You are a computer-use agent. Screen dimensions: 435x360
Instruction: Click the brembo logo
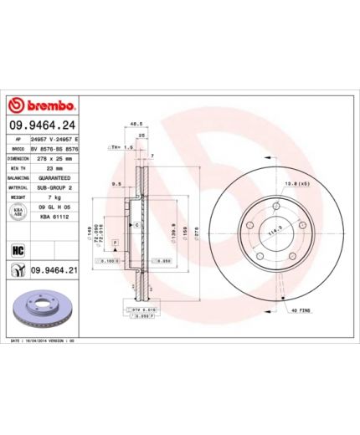click(x=43, y=107)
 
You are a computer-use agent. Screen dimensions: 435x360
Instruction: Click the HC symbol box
click(x=16, y=249)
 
